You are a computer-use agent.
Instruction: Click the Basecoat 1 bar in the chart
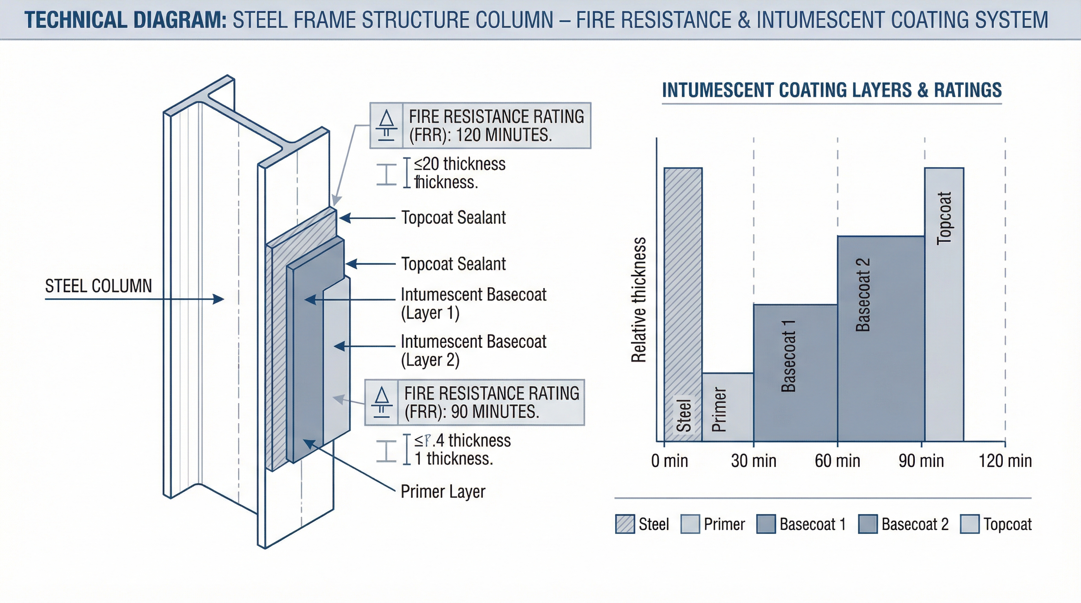795,373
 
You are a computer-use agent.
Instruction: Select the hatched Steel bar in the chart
683,304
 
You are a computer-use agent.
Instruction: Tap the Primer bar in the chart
727,407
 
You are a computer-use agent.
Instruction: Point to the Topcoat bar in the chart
944,304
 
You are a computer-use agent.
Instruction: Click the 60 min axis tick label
837,461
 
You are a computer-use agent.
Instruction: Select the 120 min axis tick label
1005,461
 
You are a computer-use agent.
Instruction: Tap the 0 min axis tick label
669,461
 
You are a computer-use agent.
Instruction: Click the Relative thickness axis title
639,300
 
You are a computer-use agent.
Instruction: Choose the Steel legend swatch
625,524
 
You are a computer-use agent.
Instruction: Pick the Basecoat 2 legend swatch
868,524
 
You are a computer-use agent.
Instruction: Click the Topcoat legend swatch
970,524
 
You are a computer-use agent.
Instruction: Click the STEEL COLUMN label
98,286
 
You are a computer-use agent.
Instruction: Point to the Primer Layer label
443,492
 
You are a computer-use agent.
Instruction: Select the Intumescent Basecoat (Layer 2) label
473,351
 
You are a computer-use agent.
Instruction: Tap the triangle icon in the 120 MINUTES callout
386,119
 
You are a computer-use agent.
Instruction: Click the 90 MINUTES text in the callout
495,412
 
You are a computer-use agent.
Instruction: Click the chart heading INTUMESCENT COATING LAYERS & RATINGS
832,90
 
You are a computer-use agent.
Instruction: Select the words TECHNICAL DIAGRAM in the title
125,20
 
